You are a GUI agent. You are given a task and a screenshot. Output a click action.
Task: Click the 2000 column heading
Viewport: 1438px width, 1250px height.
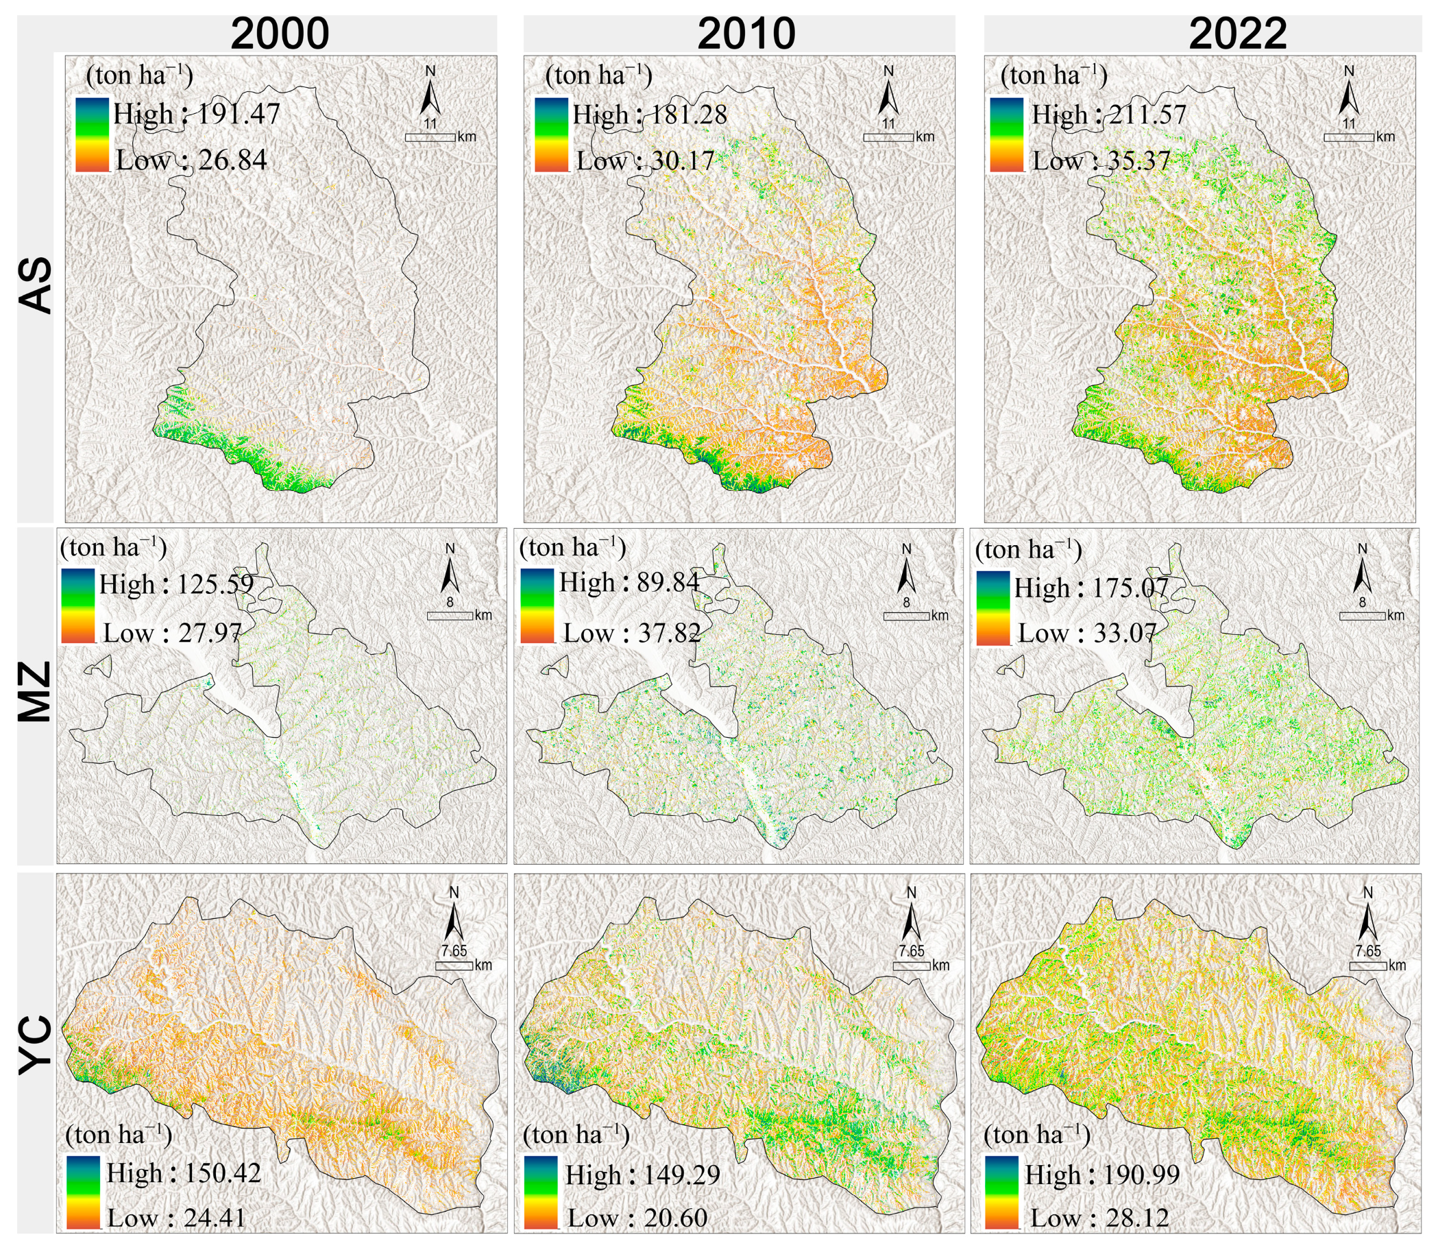tap(280, 34)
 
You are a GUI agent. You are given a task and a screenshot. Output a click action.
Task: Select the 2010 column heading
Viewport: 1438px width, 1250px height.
tap(746, 34)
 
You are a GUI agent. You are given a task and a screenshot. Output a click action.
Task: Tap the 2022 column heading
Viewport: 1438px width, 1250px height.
tap(1237, 34)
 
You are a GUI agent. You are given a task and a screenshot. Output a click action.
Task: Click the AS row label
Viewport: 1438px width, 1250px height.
tap(35, 285)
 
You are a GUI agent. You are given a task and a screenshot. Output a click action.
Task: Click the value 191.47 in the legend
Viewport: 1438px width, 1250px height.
tap(239, 114)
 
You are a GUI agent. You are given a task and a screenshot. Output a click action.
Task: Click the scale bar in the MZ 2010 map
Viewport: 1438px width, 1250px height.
tap(906, 616)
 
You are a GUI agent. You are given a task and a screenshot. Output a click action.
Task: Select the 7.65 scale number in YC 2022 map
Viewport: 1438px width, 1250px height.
tap(1367, 951)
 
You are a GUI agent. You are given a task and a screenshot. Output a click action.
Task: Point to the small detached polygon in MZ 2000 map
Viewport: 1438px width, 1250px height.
tap(98, 667)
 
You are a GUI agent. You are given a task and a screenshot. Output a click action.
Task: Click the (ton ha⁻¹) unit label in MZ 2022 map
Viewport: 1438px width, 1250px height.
tap(1028, 551)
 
